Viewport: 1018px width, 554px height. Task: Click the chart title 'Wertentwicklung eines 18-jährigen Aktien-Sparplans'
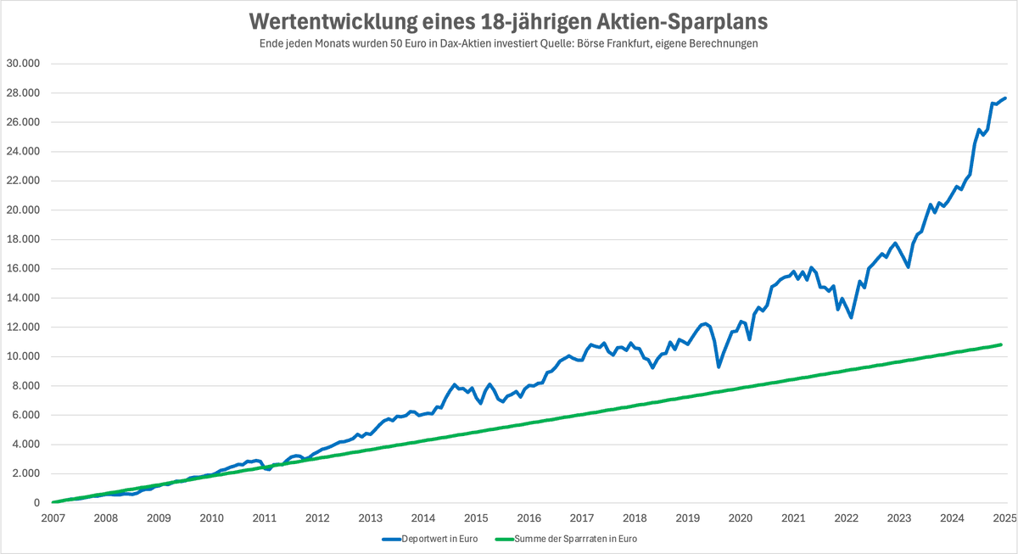[x=508, y=20]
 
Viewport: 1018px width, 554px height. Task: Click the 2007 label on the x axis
[x=53, y=518]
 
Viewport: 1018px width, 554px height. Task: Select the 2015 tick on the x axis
[x=476, y=518]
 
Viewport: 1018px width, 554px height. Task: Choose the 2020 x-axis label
[x=741, y=518]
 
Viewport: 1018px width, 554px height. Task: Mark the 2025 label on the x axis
[x=1004, y=518]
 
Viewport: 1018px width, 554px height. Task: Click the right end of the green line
[x=1002, y=344]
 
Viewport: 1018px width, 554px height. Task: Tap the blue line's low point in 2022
[x=851, y=317]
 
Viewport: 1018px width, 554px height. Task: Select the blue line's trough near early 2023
[x=909, y=267]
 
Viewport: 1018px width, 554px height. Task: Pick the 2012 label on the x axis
[x=317, y=518]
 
